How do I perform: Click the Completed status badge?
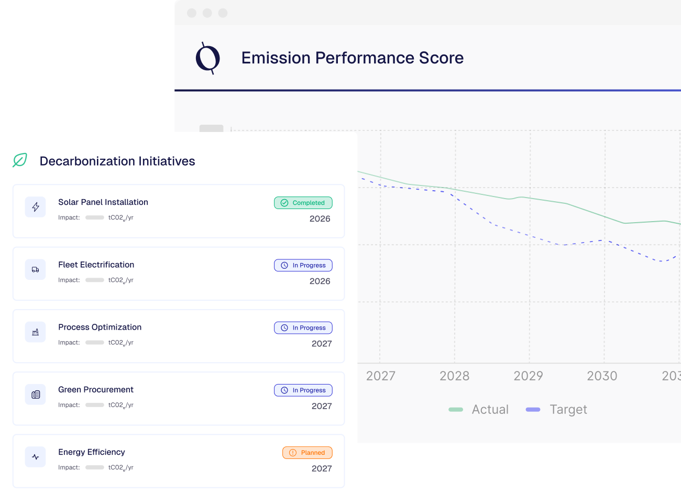[x=303, y=203]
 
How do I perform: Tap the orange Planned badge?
[x=307, y=453]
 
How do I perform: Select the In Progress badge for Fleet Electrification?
[x=303, y=265]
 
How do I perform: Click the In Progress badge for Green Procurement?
[x=303, y=390]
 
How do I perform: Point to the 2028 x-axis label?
[x=454, y=376]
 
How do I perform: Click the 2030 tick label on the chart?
[x=602, y=376]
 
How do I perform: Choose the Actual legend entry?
[x=479, y=409]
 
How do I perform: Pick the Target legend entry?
[x=556, y=409]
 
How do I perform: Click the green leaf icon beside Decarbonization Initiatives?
[x=20, y=160]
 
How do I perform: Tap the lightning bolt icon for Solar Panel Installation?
[x=36, y=207]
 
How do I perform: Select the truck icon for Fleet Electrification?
[x=36, y=269]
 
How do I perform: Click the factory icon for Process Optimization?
[x=36, y=332]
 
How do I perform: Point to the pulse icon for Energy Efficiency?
[x=36, y=457]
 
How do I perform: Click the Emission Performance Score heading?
[x=352, y=58]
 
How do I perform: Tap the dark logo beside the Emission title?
[x=207, y=58]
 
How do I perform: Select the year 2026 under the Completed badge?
[x=320, y=218]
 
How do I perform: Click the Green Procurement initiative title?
[x=96, y=389]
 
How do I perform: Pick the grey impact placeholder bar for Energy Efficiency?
[x=95, y=467]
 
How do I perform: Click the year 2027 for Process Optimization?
[x=322, y=344]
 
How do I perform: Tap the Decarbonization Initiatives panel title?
[x=117, y=161]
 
